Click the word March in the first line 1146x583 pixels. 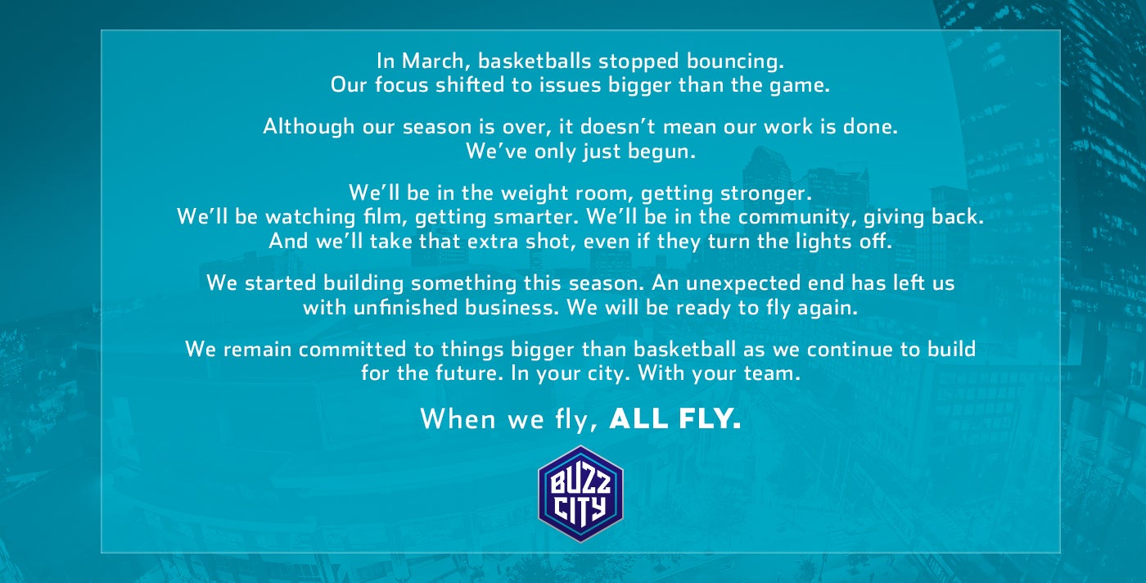[432, 61]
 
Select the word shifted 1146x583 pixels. [470, 84]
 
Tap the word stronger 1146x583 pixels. [766, 193]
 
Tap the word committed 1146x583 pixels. [352, 350]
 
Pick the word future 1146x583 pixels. [467, 373]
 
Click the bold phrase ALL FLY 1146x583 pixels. [675, 418]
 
